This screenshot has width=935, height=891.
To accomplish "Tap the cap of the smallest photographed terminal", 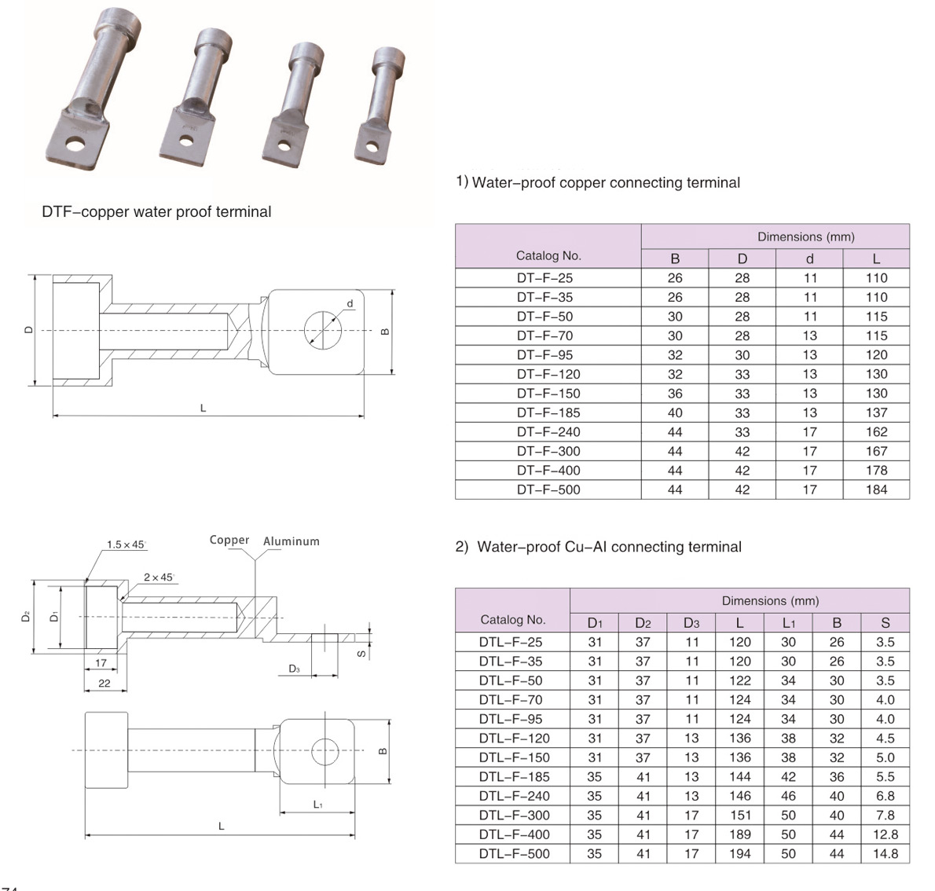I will click(x=390, y=57).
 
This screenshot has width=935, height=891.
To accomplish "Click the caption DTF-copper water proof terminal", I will click(x=156, y=211).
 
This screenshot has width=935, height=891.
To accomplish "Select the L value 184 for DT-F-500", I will click(x=876, y=489).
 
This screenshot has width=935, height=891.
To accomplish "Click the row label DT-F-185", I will click(x=548, y=412).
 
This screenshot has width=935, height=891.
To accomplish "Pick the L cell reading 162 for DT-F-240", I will click(x=876, y=431).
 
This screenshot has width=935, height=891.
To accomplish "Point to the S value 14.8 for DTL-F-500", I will click(x=885, y=853).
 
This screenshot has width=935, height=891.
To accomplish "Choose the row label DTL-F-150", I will click(x=514, y=757).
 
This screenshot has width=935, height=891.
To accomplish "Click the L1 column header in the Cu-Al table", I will click(x=788, y=623).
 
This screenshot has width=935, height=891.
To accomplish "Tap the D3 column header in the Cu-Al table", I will click(x=691, y=623).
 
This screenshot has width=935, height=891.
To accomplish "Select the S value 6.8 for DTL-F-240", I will click(x=885, y=796).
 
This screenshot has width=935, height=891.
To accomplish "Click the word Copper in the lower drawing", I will click(x=229, y=541).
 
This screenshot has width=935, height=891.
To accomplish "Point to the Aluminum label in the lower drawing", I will click(x=291, y=541).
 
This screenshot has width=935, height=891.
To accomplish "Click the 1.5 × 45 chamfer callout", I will click(x=126, y=544).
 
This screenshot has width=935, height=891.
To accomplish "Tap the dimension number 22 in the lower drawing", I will click(x=104, y=684).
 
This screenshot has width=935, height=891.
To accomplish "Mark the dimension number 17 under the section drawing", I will click(x=101, y=663).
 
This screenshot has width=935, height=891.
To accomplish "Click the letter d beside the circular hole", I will click(x=350, y=303).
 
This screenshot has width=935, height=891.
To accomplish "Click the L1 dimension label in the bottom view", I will click(x=317, y=805).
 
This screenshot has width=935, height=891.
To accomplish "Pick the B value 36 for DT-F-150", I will click(x=675, y=393).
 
